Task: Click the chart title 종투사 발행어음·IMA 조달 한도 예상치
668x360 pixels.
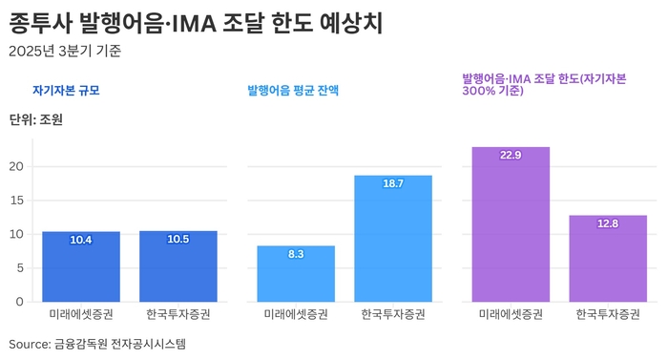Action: click(x=196, y=21)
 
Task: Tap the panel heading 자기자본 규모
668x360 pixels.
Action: click(x=66, y=91)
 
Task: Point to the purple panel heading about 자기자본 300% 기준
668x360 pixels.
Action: click(x=544, y=84)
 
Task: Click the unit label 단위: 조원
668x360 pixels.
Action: click(x=35, y=120)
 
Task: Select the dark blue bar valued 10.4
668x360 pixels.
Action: click(x=81, y=267)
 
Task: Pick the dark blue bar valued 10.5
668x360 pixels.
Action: click(x=177, y=266)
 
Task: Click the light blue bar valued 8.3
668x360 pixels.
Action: click(x=296, y=274)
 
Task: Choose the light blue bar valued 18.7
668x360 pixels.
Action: click(x=393, y=239)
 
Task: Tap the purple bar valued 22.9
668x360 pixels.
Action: click(x=511, y=224)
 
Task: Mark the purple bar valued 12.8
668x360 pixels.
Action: click(x=608, y=259)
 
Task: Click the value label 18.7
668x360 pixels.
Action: click(x=393, y=183)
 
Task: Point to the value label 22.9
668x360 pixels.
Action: click(x=511, y=155)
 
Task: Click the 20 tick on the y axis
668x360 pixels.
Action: click(x=15, y=166)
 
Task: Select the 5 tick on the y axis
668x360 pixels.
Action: click(x=19, y=268)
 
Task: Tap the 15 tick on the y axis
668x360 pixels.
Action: click(x=15, y=201)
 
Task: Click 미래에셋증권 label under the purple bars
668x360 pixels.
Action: click(x=511, y=314)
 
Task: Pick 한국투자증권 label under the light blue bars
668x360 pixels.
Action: click(x=393, y=314)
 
